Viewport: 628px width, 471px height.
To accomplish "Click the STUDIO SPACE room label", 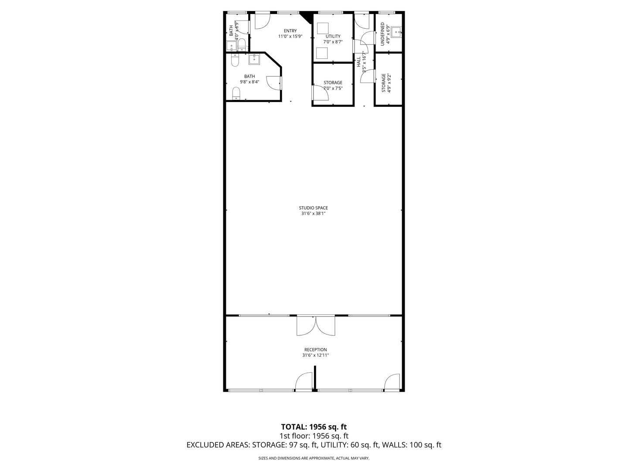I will tap(313, 208).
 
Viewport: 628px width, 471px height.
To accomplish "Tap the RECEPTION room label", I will tap(315, 350).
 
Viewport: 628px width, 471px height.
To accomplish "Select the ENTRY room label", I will tap(290, 31).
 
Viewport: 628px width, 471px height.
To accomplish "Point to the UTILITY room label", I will tap(333, 37).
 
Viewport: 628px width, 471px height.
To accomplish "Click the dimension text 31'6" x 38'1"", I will tap(313, 214).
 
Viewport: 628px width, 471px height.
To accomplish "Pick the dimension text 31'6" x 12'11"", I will tap(315, 355).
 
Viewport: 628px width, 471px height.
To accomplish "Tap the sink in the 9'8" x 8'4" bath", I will tap(254, 59).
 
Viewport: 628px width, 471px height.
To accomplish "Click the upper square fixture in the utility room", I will tap(323, 28).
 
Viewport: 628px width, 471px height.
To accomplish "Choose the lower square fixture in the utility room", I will tap(322, 53).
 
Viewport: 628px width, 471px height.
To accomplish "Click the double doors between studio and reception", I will tap(316, 325).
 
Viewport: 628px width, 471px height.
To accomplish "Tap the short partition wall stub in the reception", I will tap(314, 378).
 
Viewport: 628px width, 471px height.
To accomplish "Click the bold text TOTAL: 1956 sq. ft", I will tap(314, 427).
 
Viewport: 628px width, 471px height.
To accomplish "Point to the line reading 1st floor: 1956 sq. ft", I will tap(314, 436).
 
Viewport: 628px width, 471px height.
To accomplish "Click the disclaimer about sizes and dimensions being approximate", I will tap(314, 458).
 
